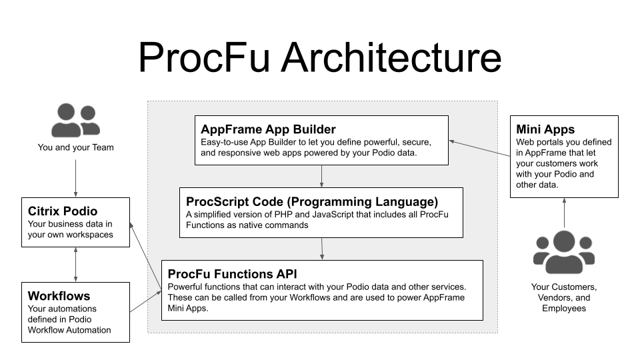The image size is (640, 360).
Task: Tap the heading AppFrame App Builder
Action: (x=268, y=129)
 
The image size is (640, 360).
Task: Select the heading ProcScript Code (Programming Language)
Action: (x=312, y=201)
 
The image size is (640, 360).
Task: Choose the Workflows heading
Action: (x=59, y=295)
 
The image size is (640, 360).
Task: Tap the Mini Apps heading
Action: (x=545, y=129)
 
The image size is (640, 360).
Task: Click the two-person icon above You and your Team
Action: (x=75, y=120)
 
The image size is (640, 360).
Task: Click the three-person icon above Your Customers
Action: (x=564, y=253)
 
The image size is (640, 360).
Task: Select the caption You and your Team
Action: (x=75, y=147)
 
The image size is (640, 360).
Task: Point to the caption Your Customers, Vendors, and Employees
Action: (x=564, y=297)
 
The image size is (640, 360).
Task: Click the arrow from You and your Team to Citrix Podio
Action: (x=75, y=177)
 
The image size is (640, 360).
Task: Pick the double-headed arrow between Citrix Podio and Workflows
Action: (x=75, y=265)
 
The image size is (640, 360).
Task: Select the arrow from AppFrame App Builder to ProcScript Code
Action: (x=322, y=176)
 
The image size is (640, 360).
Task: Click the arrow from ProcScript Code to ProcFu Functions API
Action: (x=322, y=249)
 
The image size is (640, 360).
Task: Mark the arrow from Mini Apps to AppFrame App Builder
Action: (x=480, y=153)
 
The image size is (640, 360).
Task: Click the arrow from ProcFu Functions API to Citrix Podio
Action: (x=145, y=257)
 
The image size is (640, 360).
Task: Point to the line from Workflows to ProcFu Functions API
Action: (x=145, y=301)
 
